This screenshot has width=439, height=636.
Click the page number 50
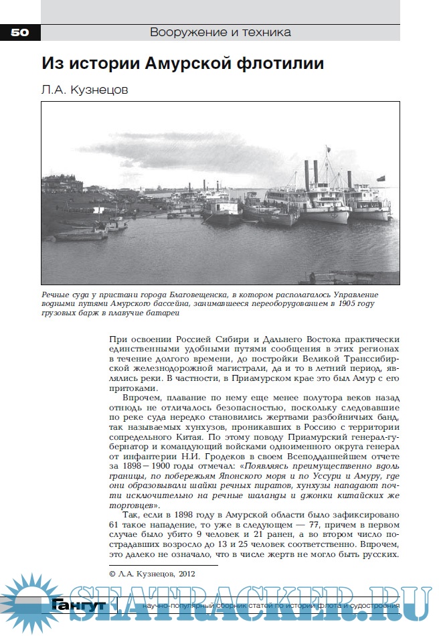pos(19,31)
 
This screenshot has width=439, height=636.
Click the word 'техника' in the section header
pos(266,31)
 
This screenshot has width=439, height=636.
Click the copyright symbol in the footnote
pos(112,573)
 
